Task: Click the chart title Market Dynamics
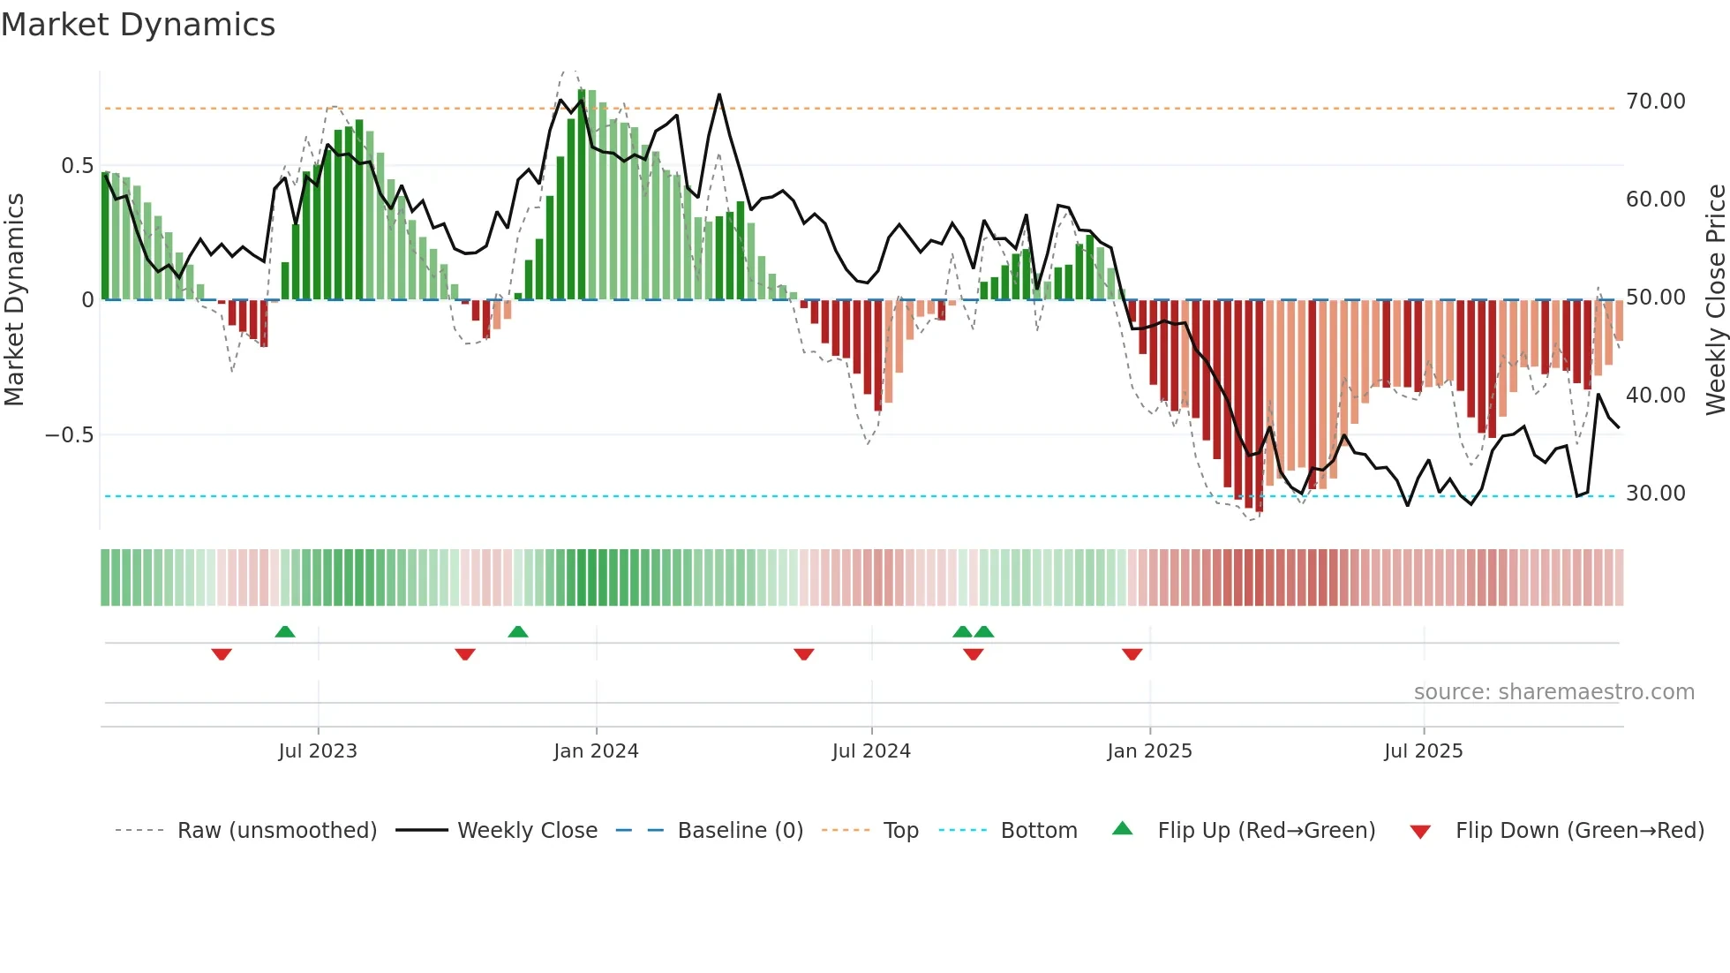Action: click(x=138, y=25)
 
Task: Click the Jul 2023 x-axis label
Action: click(x=318, y=751)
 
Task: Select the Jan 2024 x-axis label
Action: click(x=596, y=751)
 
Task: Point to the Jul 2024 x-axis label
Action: click(x=871, y=751)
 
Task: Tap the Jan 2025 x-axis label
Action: click(x=1149, y=751)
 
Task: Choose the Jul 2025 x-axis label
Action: click(x=1423, y=751)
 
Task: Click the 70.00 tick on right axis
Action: click(x=1655, y=102)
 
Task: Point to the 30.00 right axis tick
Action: click(x=1655, y=494)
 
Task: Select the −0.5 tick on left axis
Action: click(x=69, y=435)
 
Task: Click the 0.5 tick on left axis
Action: click(x=77, y=166)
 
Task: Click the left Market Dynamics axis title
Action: click(x=14, y=300)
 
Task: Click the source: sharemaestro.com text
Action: click(x=1553, y=692)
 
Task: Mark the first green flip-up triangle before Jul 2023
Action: click(x=284, y=631)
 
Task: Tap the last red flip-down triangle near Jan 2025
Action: click(x=1132, y=654)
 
